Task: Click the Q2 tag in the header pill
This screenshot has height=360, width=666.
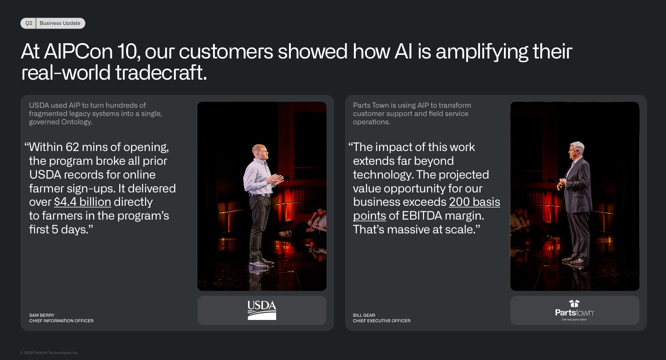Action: point(29,23)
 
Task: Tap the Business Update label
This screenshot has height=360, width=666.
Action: point(60,23)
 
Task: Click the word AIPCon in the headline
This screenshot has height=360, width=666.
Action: point(78,52)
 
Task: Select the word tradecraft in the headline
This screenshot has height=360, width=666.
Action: point(161,73)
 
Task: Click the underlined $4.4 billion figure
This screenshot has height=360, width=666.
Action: point(82,202)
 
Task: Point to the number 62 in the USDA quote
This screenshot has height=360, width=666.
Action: point(72,147)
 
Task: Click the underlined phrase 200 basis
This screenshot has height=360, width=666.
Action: point(475,202)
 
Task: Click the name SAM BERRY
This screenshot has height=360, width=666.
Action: point(42,315)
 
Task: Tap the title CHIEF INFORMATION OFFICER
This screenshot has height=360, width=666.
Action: point(61,321)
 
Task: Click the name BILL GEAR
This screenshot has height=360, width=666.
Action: point(364,315)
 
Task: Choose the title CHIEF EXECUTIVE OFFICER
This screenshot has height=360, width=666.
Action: point(382,321)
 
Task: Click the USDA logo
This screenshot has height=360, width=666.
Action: point(261,310)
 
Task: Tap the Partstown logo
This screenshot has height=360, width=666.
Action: point(574,311)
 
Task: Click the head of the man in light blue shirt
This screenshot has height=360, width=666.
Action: point(260,151)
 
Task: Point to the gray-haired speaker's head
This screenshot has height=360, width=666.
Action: point(576,150)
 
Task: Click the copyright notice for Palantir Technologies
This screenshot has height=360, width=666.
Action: point(49,353)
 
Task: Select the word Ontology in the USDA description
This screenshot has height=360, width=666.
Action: point(77,122)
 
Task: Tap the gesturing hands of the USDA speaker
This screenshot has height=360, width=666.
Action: point(275,180)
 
